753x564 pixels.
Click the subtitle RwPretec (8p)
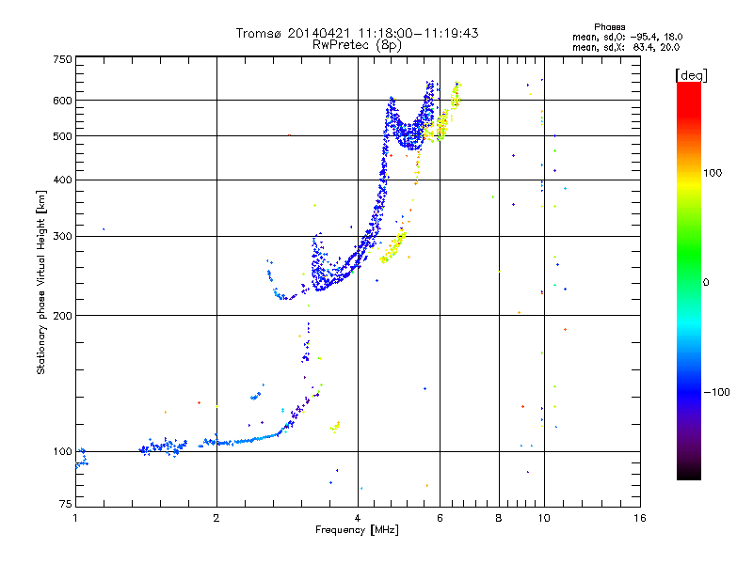pyautogui.click(x=357, y=45)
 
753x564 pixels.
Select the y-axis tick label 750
pyautogui.click(x=62, y=59)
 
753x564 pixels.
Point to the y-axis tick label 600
pyautogui.click(x=62, y=101)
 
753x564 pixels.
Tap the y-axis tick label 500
pyautogui.click(x=62, y=136)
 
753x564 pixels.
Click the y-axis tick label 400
pyautogui.click(x=62, y=180)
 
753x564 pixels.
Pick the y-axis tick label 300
pyautogui.click(x=62, y=237)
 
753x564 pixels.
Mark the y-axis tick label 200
pyautogui.click(x=62, y=316)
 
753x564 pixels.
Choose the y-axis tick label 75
pyautogui.click(x=66, y=504)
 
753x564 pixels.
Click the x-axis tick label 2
pyautogui.click(x=216, y=518)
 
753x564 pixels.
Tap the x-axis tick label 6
pyautogui.click(x=440, y=518)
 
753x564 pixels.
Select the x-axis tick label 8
pyautogui.click(x=499, y=518)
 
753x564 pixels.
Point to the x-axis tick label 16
pyautogui.click(x=640, y=518)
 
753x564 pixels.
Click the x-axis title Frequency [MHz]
pyautogui.click(x=357, y=530)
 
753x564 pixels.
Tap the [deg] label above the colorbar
pyautogui.click(x=691, y=76)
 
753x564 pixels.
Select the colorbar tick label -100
pyautogui.click(x=716, y=392)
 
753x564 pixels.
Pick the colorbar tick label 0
pyautogui.click(x=706, y=283)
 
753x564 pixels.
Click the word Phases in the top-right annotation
pyautogui.click(x=609, y=27)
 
